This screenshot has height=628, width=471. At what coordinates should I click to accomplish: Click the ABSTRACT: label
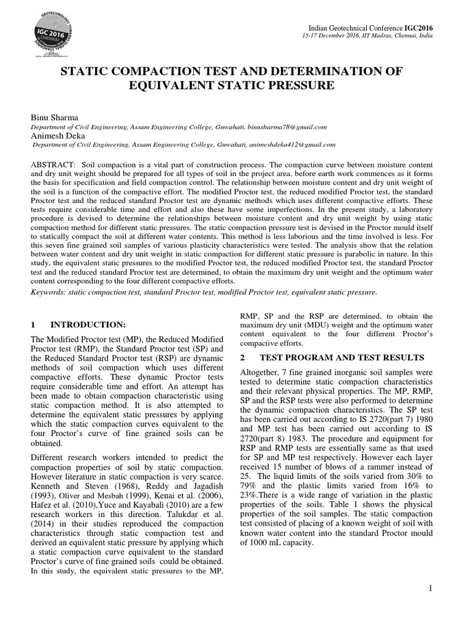click(x=51, y=166)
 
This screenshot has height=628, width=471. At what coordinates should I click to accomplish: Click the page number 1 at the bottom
click(x=431, y=589)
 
